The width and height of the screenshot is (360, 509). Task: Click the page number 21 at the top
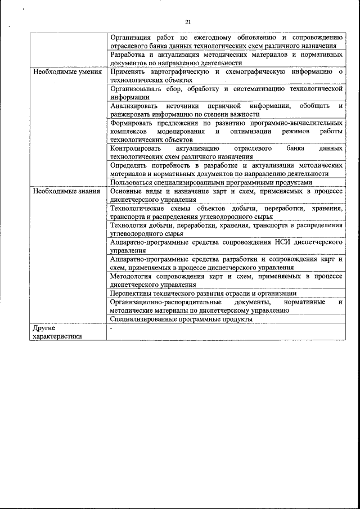[188, 22]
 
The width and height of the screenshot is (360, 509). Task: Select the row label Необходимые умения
[67, 72]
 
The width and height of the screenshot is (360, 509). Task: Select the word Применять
[129, 72]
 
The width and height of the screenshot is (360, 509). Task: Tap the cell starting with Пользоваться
[210, 182]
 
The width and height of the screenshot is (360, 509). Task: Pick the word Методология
[133, 276]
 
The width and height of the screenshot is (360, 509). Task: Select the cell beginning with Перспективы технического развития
[203, 293]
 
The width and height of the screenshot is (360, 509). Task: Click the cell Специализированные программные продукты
[181, 319]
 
